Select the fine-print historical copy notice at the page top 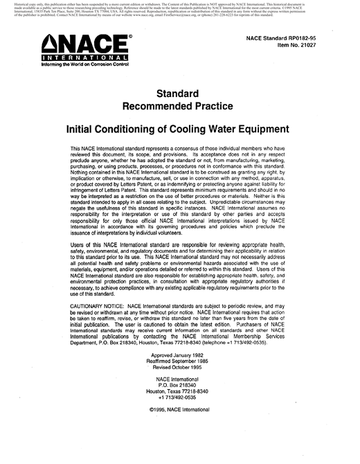pos(180,12)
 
